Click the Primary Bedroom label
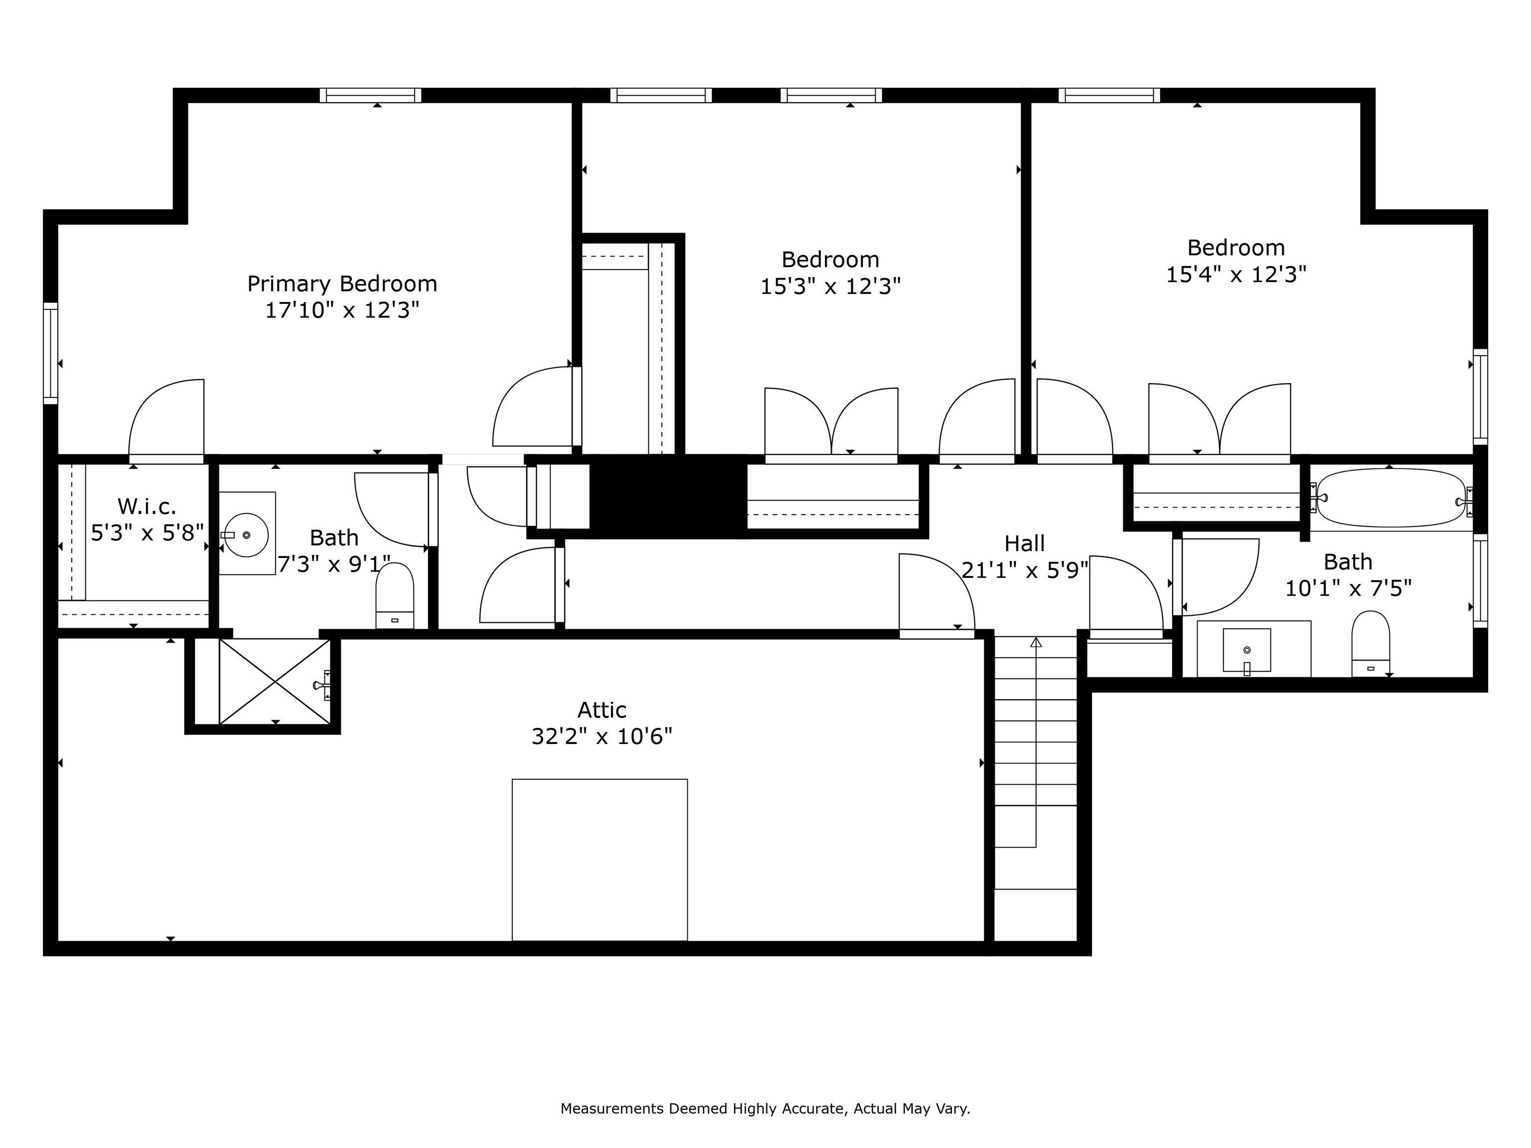click(342, 284)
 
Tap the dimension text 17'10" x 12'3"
click(342, 310)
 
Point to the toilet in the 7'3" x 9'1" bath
click(395, 595)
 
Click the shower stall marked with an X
click(275, 682)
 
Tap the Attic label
click(602, 710)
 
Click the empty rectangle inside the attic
click(600, 860)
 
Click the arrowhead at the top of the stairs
click(1036, 643)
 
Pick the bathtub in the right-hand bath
click(1391, 498)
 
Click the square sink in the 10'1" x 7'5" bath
click(1246, 650)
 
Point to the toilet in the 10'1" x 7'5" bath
click(1371, 644)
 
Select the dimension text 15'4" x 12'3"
click(1236, 275)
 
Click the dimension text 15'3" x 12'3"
click(831, 287)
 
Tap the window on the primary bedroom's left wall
click(50, 353)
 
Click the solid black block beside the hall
click(667, 495)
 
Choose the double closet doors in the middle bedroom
click(831, 424)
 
